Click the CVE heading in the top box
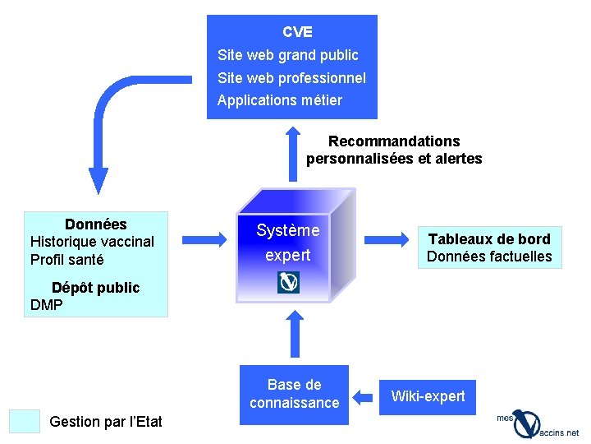tap(297, 32)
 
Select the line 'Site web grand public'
tap(287, 55)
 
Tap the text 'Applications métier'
tap(279, 100)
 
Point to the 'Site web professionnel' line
tap(291, 78)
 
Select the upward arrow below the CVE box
tap(295, 152)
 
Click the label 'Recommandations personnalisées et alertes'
tap(394, 150)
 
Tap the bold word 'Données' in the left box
tap(95, 224)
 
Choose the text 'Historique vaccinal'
tap(92, 242)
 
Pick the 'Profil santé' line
tap(66, 260)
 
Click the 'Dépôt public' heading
tap(95, 288)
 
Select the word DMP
tap(46, 305)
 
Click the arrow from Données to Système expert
tap(204, 239)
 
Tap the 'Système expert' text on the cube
tap(287, 243)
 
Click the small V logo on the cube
tap(289, 282)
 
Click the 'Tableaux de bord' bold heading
tap(489, 239)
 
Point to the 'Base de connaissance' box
tap(294, 394)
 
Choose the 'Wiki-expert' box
tap(428, 396)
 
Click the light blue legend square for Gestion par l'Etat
tap(24, 421)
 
